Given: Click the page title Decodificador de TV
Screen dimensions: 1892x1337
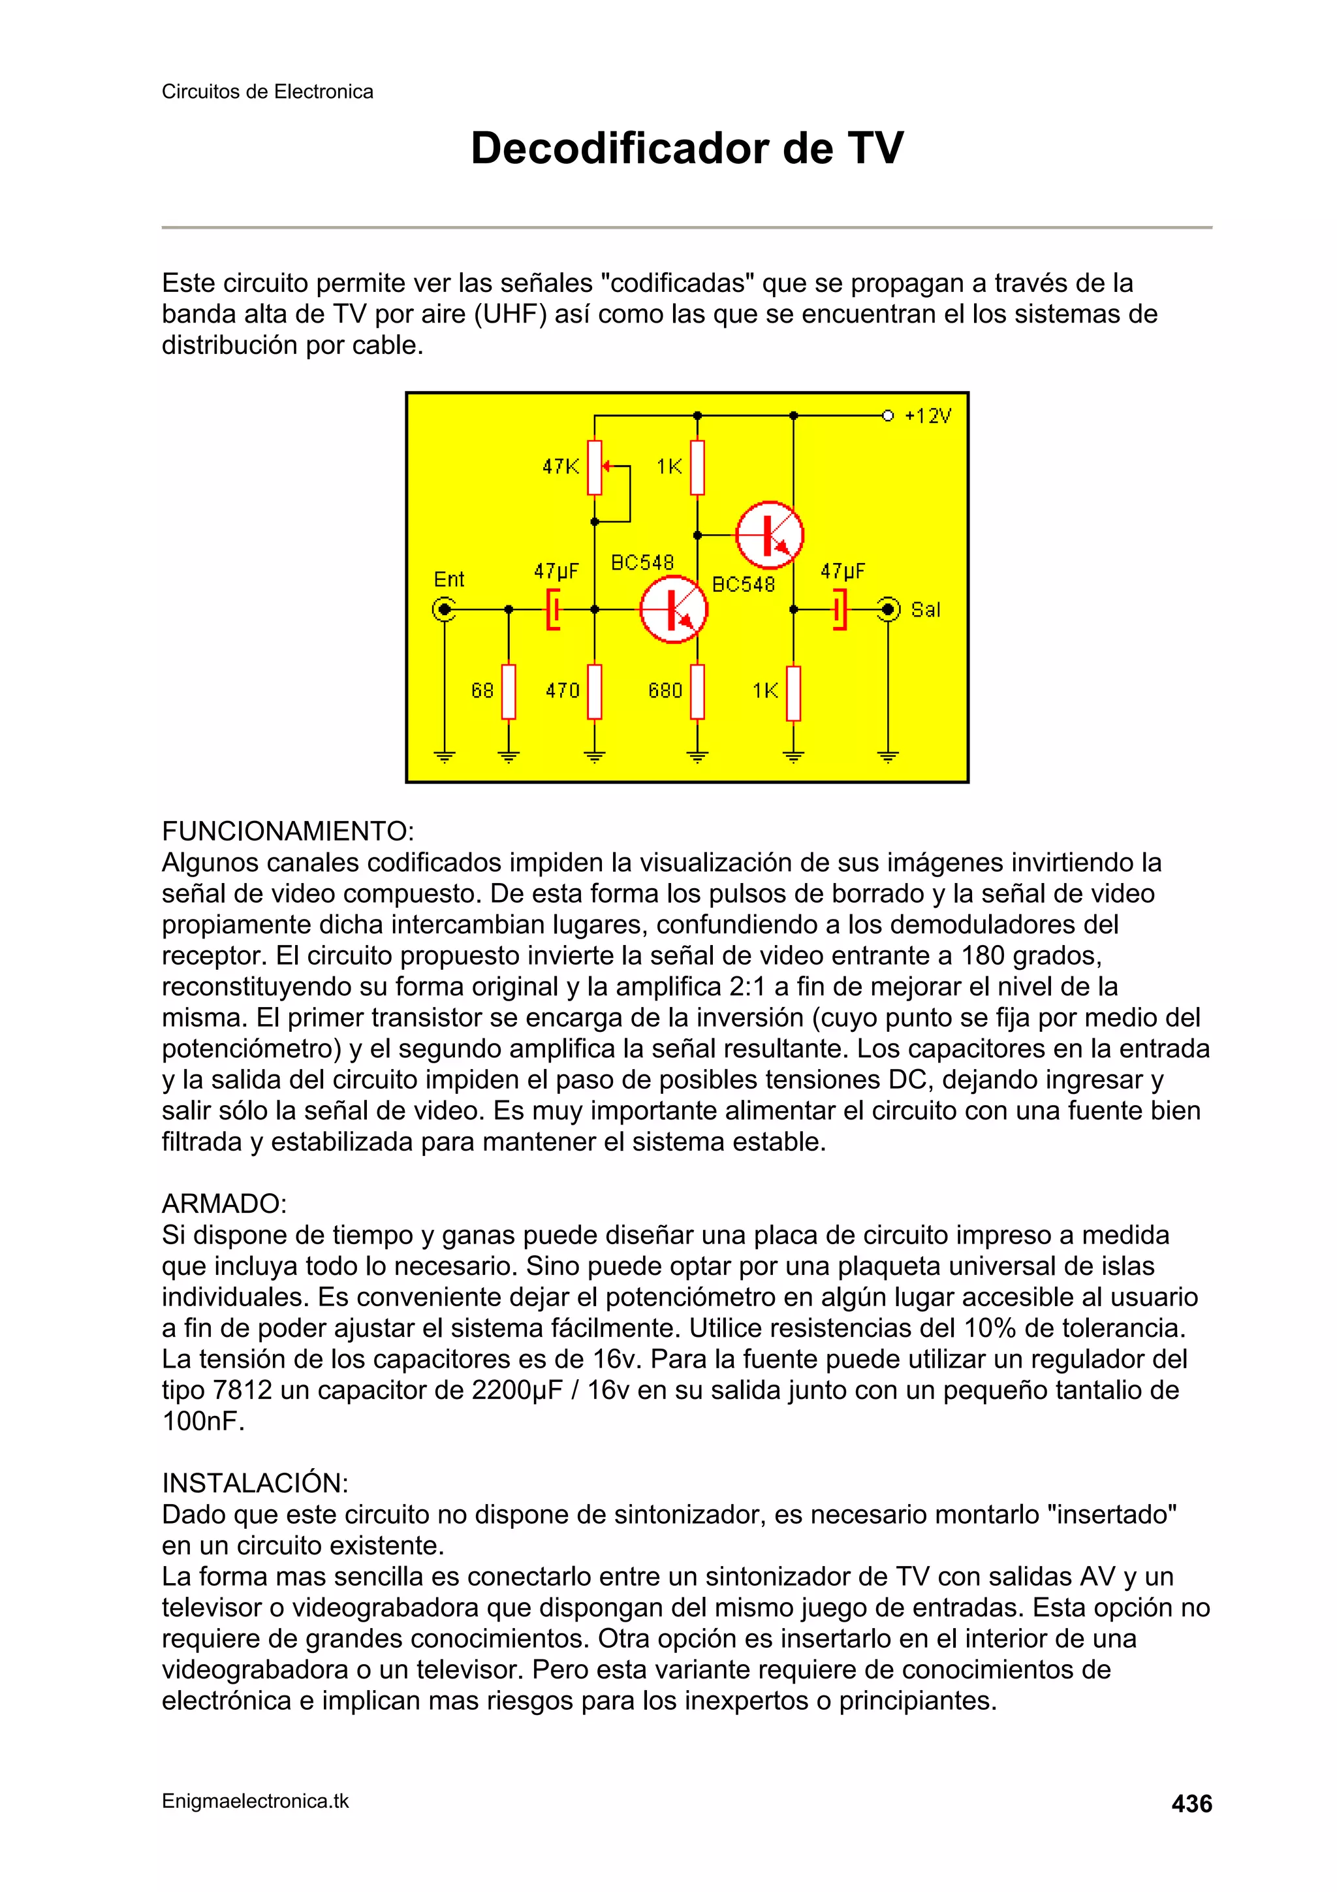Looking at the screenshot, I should click(686, 148).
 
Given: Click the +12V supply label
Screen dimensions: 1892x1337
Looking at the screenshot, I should click(928, 416).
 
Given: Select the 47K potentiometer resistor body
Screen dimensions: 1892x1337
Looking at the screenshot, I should click(595, 467).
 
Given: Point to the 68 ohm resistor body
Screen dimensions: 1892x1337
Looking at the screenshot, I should click(509, 692).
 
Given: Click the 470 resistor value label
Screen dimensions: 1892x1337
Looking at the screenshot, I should click(563, 690).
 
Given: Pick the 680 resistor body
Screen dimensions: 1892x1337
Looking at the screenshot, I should click(697, 692).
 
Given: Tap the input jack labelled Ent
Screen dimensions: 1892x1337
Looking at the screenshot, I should click(444, 610).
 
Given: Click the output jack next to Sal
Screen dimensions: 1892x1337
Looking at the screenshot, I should click(888, 610).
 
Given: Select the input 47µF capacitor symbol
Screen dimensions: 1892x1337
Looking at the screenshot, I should click(554, 610).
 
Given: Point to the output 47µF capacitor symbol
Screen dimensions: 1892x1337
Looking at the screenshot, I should click(839, 610).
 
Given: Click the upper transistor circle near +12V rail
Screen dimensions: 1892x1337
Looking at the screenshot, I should click(768, 535).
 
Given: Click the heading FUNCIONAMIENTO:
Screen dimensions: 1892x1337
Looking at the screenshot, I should click(287, 831).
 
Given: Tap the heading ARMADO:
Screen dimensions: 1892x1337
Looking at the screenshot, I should click(224, 1203).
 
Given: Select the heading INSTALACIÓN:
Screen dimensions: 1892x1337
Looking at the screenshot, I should click(255, 1483).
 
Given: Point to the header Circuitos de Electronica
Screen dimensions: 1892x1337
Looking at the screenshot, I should click(267, 91).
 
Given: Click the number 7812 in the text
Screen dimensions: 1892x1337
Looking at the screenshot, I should click(242, 1390).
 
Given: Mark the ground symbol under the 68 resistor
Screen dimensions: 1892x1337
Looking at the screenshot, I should click(509, 756).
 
